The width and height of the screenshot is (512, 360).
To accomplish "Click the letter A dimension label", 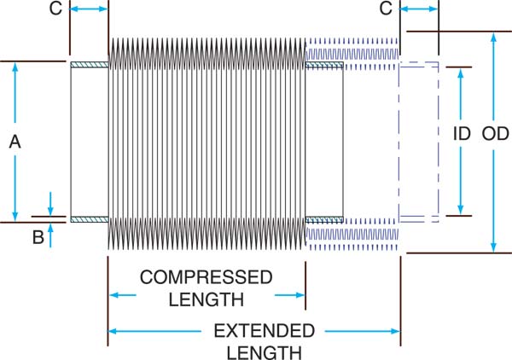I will [x=15, y=142].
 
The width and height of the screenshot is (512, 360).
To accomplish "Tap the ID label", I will [x=461, y=134].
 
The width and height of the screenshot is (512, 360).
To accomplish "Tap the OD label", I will [x=495, y=134].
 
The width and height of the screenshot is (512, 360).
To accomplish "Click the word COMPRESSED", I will [x=206, y=278].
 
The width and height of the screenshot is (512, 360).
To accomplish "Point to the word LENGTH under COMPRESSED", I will [x=206, y=299].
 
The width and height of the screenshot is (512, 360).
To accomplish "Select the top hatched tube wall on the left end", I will [x=89, y=66].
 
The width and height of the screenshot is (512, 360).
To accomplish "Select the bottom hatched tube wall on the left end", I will [x=89, y=218].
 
